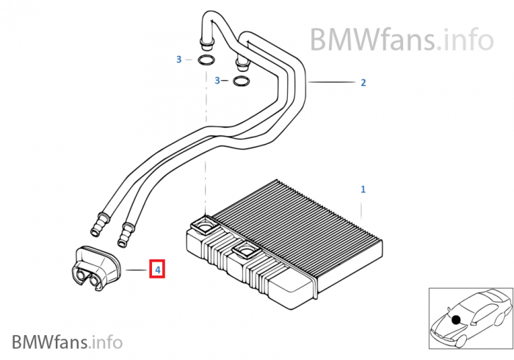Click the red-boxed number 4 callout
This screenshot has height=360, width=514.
tap(157, 269)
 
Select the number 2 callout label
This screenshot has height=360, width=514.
tap(363, 82)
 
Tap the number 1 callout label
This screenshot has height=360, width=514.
tap(363, 189)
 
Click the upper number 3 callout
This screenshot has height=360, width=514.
tap(178, 60)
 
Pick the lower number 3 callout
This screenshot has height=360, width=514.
tap(217, 80)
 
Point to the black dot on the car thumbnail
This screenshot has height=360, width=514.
tap(456, 320)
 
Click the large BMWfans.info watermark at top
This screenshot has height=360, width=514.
tap(402, 39)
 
